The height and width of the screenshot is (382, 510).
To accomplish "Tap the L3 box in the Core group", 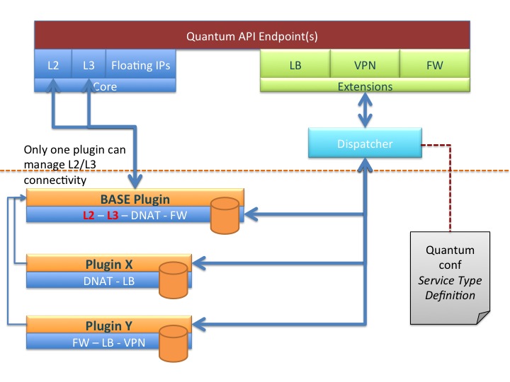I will coord(88,65).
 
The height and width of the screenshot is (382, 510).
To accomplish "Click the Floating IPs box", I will coord(140,65).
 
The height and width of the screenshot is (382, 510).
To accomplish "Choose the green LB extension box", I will coord(295,65).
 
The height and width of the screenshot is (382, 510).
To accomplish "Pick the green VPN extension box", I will coord(365,65).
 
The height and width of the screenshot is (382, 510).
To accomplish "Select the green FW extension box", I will coord(434,65).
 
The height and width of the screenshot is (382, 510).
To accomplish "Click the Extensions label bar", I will coord(365,86).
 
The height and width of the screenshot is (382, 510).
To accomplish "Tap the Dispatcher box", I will coord(363,144).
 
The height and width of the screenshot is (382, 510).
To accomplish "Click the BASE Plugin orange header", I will coord(135,198).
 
